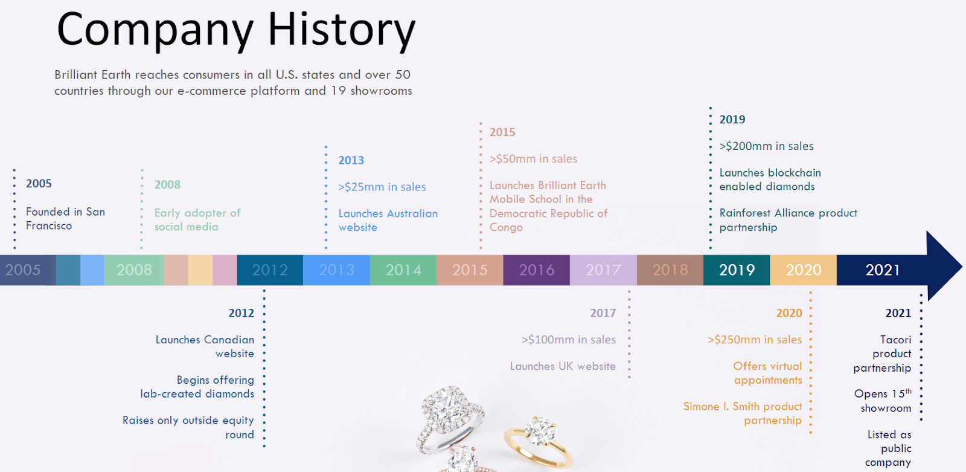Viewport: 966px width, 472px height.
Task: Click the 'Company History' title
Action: (236, 30)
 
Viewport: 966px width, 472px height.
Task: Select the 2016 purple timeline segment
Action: (537, 270)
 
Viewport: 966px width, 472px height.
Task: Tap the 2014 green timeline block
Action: (403, 270)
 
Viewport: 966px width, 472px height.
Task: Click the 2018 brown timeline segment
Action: (670, 270)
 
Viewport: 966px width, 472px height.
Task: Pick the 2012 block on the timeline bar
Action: (270, 270)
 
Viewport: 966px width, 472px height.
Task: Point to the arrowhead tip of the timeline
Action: (962, 266)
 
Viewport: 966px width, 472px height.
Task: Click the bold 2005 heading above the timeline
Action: (39, 184)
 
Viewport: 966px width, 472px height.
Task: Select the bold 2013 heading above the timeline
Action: (351, 160)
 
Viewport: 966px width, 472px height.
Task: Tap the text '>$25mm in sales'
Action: (382, 187)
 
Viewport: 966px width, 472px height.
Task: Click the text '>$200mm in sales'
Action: (766, 146)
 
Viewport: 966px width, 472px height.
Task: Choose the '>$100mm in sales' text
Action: (569, 340)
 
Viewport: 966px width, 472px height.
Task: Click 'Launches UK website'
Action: (563, 366)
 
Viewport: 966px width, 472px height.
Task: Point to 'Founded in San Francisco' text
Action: (66, 219)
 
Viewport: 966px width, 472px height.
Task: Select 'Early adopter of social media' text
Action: (197, 220)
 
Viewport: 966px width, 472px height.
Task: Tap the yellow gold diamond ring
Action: (538, 441)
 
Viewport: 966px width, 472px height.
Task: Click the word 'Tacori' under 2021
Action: (896, 340)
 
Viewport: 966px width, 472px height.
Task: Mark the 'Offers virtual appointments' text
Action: (767, 373)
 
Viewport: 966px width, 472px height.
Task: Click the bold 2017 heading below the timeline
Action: (603, 313)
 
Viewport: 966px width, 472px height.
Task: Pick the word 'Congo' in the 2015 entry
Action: (506, 227)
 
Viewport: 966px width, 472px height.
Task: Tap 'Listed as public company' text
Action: (888, 448)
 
